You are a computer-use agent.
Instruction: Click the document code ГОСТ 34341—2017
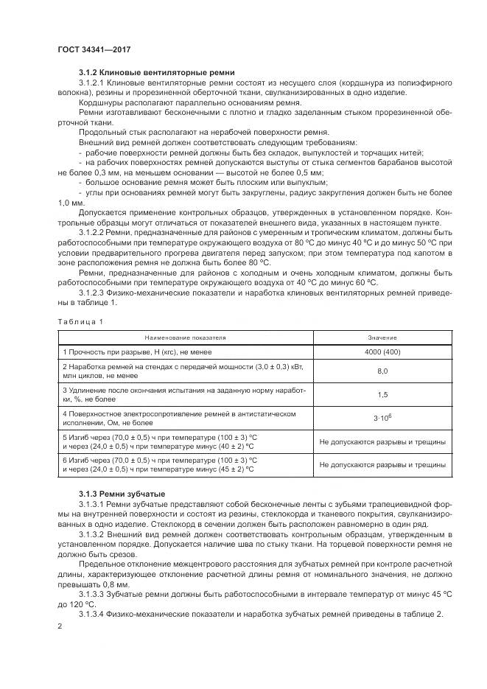pos(89,49)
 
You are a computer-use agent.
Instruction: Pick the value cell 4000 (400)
pos(382,352)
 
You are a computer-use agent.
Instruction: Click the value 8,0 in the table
pos(382,372)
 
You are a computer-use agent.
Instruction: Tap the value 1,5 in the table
pos(382,394)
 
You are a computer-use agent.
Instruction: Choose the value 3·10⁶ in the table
pos(382,418)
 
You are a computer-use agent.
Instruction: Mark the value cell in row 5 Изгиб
pos(382,443)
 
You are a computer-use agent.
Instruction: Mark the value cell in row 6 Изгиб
pos(382,465)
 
